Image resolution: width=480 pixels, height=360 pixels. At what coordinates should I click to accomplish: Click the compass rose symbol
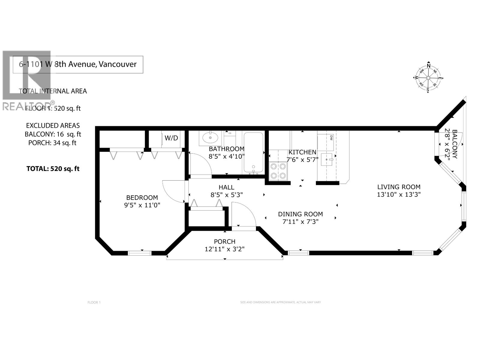point(428,78)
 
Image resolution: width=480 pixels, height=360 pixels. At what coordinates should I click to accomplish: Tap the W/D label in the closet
point(171,138)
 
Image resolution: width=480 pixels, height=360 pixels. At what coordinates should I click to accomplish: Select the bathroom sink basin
point(210,138)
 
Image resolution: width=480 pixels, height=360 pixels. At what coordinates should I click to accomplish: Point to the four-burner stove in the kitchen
point(278,171)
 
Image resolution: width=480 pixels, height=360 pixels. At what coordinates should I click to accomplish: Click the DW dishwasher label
point(331,138)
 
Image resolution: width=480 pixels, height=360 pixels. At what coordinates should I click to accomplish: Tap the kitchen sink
point(328,159)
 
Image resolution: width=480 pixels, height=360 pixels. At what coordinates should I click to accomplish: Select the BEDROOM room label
point(142,198)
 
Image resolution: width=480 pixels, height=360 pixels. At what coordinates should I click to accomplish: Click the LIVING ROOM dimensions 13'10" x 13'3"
point(399,194)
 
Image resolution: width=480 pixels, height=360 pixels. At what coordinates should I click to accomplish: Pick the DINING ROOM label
point(300,214)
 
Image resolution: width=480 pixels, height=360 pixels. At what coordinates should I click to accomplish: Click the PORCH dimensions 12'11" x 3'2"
point(225,249)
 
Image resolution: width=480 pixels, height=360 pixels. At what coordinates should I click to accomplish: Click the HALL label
point(226,187)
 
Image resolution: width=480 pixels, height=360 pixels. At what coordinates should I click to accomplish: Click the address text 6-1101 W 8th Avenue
point(78,64)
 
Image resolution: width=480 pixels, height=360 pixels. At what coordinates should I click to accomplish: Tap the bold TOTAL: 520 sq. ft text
point(53,169)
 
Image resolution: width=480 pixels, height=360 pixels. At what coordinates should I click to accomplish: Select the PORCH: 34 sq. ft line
point(52,143)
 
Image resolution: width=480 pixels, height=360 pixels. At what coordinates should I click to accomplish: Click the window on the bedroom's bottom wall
point(139,253)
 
